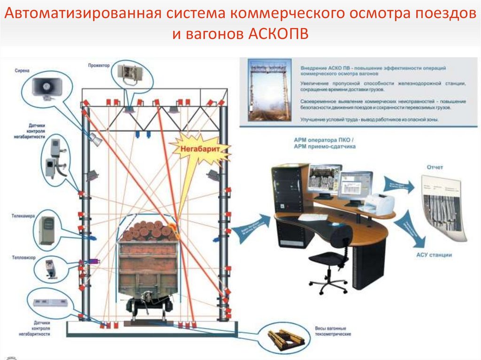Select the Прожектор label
point(99,66)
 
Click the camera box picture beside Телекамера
point(47,230)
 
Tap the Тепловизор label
point(23,258)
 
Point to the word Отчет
point(434,167)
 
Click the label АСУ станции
point(434,255)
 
